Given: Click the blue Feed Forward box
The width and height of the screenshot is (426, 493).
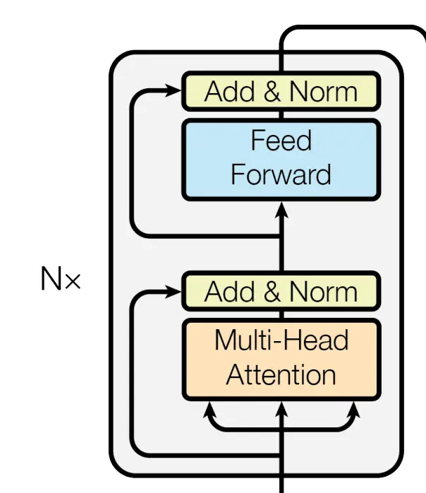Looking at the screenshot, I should click(281, 158).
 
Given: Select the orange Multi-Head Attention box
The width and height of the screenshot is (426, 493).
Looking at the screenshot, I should click(281, 358).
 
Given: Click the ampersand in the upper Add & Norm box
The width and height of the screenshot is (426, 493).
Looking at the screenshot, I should click(267, 92).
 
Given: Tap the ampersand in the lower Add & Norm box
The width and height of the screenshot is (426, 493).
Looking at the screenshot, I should click(267, 292).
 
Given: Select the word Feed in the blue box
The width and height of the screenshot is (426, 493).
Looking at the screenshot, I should click(281, 141).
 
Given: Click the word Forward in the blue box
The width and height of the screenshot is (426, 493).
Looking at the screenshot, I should click(281, 174).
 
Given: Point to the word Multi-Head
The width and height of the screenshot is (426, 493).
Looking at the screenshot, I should click(281, 341).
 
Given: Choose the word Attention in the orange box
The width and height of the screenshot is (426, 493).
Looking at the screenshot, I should click(281, 375).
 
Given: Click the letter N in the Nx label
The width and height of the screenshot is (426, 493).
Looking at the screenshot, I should click(51, 280).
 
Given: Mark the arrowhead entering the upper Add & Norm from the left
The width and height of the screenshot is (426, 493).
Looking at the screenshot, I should click(174, 90).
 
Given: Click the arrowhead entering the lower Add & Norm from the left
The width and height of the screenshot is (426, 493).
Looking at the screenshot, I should click(174, 291).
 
